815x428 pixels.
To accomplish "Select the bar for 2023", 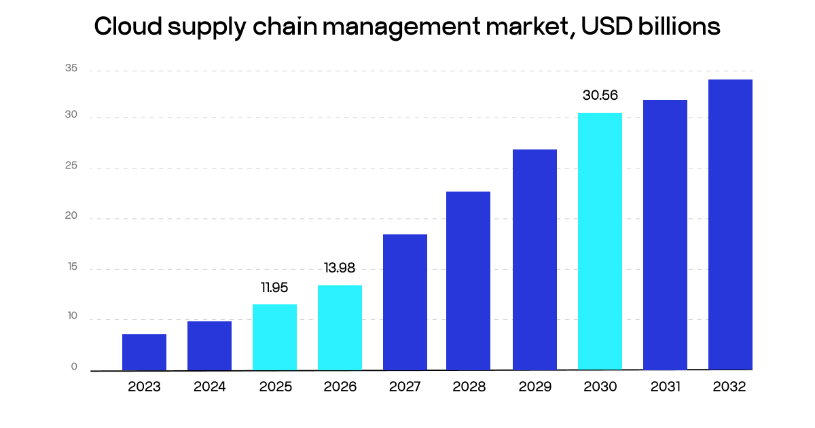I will point(144,352).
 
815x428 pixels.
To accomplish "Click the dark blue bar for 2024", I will point(209,346).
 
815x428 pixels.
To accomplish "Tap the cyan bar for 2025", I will point(274,337).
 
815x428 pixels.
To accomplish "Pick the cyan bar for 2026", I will point(340,327).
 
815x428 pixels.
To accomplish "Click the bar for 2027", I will point(405,302).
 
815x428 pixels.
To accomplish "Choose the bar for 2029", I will point(535,260).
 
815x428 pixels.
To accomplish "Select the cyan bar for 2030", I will point(600,241).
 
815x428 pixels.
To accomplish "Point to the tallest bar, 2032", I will point(730,225).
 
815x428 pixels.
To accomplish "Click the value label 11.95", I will point(274,288).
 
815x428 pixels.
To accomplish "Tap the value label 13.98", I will point(340,268).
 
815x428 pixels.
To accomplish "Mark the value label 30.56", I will point(600,96).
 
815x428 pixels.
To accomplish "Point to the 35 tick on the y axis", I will point(71,69).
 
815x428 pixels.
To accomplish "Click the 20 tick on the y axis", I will point(71,217).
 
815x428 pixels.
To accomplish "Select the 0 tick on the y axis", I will point(74,367).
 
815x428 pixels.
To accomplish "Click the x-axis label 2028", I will point(469,387).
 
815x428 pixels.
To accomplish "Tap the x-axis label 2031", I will point(665,387).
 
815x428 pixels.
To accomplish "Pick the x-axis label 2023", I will point(144,387).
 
